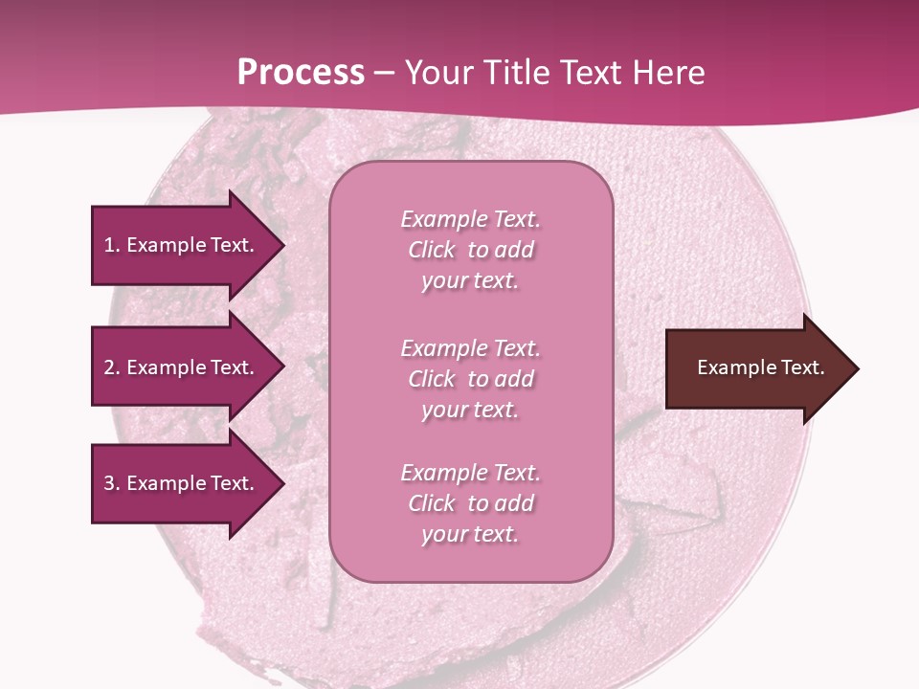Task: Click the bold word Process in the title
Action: pyautogui.click(x=301, y=72)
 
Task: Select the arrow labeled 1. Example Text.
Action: pyautogui.click(x=182, y=245)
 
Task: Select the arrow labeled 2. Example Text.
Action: pyautogui.click(x=182, y=367)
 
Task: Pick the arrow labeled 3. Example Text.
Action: pyautogui.click(x=182, y=483)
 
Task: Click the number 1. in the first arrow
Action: pyautogui.click(x=112, y=245)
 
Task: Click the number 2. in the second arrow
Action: pyautogui.click(x=112, y=367)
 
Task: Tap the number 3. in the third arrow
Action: pyautogui.click(x=112, y=483)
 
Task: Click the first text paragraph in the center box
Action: pyautogui.click(x=470, y=250)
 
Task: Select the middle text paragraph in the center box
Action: pyautogui.click(x=470, y=379)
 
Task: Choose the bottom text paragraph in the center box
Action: pyautogui.click(x=470, y=503)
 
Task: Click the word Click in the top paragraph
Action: pyautogui.click(x=432, y=250)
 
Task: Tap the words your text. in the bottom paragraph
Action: pyautogui.click(x=470, y=534)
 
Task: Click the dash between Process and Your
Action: pyautogui.click(x=384, y=73)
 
